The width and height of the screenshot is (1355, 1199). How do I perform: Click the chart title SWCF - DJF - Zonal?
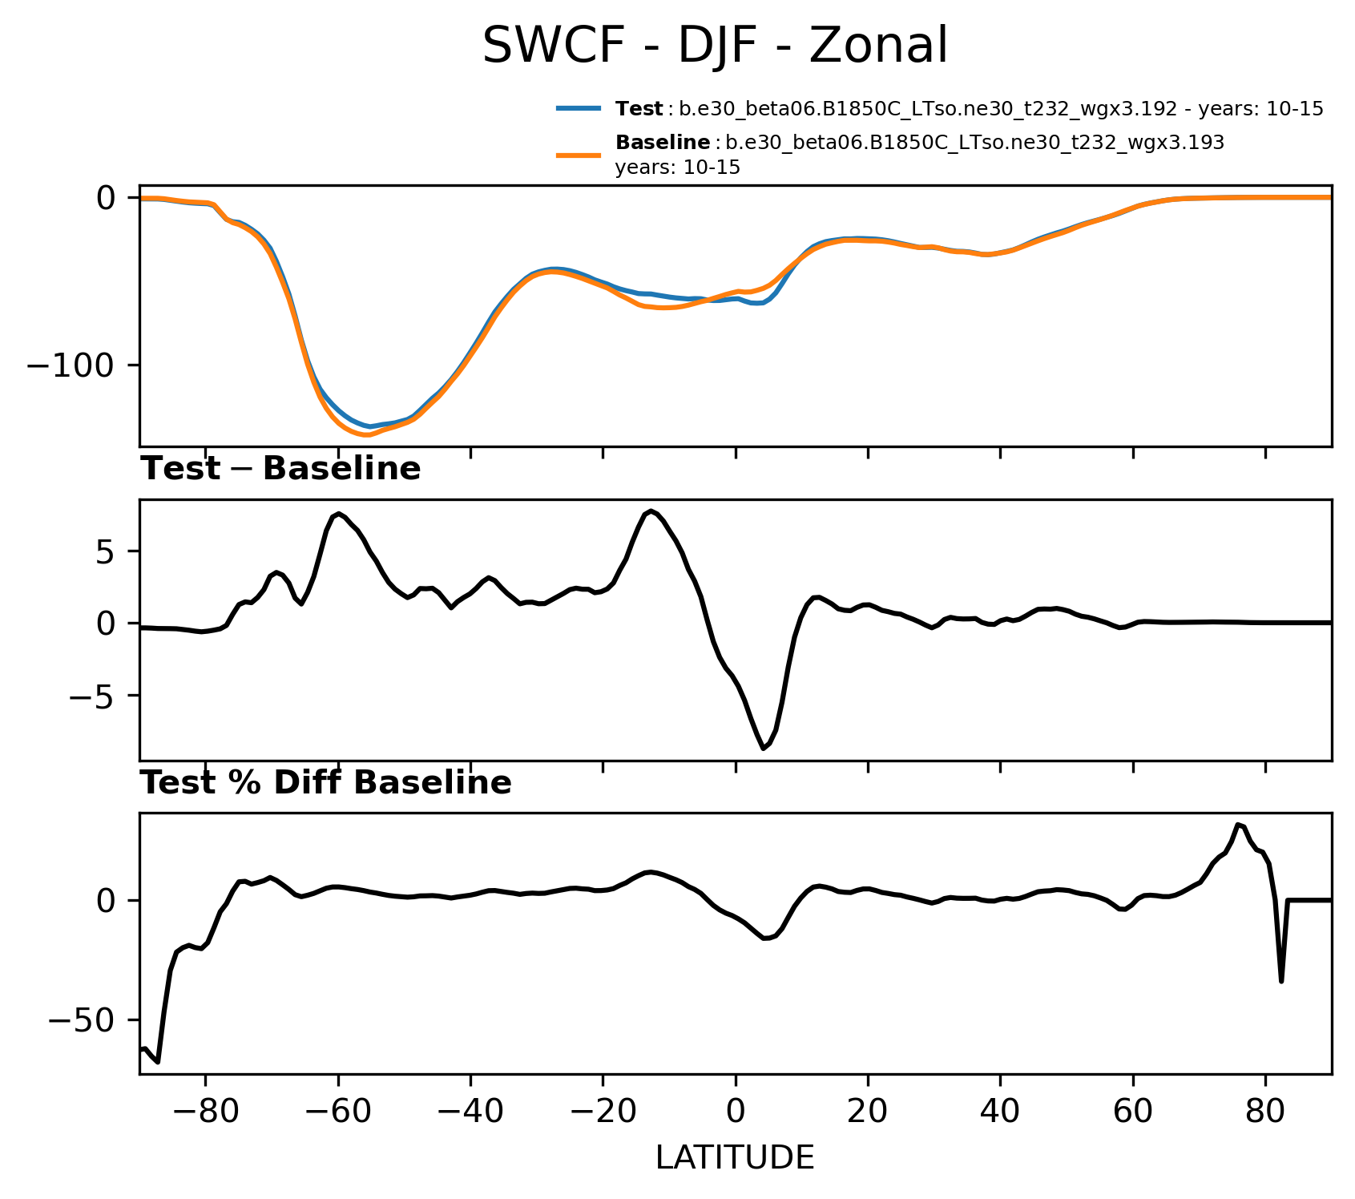[x=715, y=46]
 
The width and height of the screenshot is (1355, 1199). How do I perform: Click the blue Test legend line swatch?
[x=579, y=109]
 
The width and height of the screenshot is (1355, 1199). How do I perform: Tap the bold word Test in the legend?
[x=639, y=109]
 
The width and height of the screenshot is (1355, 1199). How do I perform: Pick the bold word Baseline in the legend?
[x=663, y=143]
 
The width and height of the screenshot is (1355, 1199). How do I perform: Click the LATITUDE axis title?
[x=735, y=1157]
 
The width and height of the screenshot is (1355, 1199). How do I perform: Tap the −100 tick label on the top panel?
[x=72, y=365]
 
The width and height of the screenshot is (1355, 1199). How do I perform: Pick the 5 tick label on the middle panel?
[x=107, y=552]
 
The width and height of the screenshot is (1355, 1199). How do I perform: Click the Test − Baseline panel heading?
[x=280, y=469]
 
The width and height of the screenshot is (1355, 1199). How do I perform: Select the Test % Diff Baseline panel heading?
[x=326, y=783]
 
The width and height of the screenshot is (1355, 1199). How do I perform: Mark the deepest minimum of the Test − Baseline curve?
[x=763, y=749]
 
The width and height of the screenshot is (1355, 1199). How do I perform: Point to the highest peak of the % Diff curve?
[x=1238, y=824]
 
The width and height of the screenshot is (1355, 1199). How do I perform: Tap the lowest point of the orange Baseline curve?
[x=366, y=435]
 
